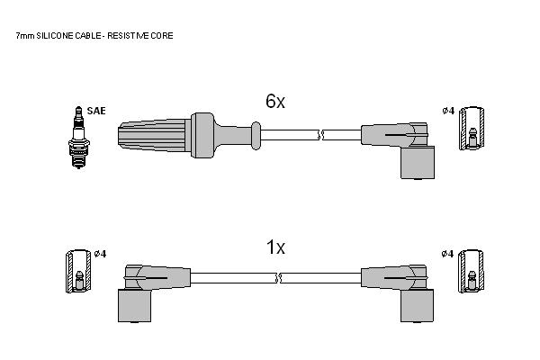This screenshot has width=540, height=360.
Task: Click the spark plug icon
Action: (79, 138)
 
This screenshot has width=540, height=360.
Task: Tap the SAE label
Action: (96, 111)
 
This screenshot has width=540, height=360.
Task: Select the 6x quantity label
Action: (275, 102)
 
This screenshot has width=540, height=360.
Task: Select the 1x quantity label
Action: (276, 247)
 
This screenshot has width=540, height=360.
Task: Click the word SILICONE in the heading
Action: (55, 35)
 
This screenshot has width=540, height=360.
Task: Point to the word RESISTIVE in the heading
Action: (128, 35)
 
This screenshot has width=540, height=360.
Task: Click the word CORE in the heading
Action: (161, 35)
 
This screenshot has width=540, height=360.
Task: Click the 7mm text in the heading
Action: (25, 35)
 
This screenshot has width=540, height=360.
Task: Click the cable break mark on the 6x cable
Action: (320, 135)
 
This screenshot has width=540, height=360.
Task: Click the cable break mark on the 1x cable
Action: (278, 278)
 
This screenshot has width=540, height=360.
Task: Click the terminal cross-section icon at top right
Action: (472, 128)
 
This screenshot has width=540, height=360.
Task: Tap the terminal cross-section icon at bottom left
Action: (78, 271)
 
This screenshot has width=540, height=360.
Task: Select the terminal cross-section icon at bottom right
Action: (471, 271)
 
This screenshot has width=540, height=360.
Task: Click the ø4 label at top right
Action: (448, 111)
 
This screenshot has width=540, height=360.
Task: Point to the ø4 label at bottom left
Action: (100, 254)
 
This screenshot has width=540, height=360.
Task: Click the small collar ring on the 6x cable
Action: (256, 135)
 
